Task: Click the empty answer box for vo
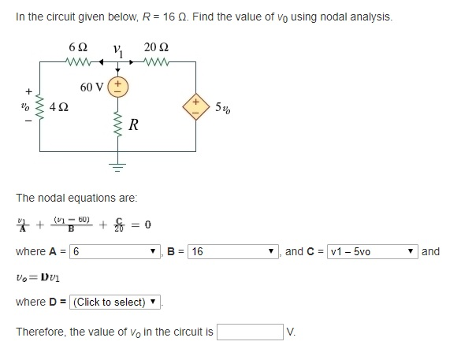[250, 332]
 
